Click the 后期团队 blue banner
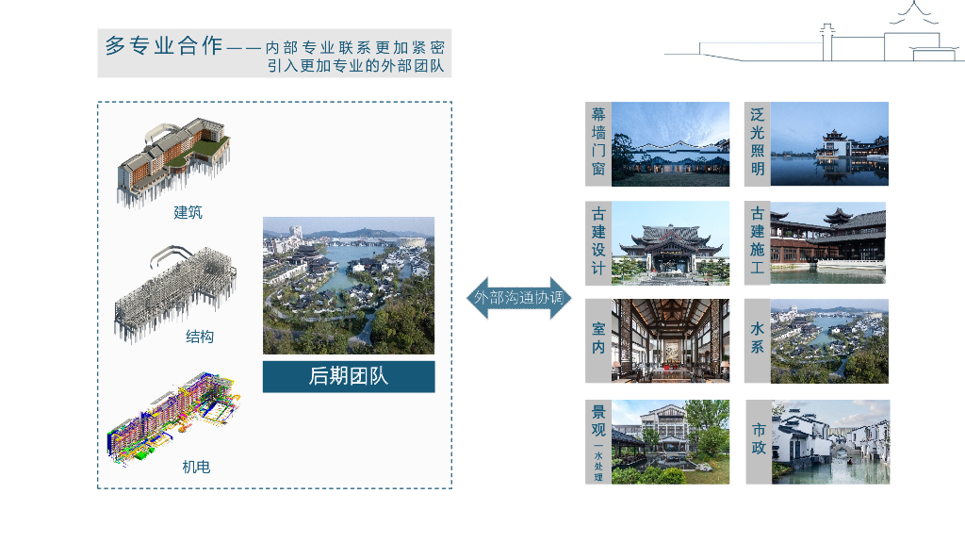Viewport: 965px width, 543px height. coord(348,376)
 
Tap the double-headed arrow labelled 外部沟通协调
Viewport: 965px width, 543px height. coord(519,297)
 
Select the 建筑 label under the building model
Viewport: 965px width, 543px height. coord(188,212)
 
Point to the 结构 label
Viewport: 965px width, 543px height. coord(200,337)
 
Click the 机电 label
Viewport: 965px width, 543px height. coord(196,466)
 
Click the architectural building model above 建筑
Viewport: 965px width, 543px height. coord(173,160)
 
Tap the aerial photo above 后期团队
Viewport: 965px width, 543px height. coord(348,285)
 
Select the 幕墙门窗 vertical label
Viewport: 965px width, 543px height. coord(598,143)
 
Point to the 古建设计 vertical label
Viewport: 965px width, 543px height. coord(598,242)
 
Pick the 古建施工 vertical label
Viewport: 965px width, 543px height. coord(758,242)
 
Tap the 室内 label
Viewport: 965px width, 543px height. coord(598,340)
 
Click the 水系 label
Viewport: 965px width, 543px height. coord(758,340)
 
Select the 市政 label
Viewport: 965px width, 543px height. coord(759,440)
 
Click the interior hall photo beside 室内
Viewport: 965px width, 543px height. coord(670,340)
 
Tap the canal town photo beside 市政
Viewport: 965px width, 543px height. coord(830,441)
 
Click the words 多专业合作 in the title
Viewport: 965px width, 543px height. coord(163,45)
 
